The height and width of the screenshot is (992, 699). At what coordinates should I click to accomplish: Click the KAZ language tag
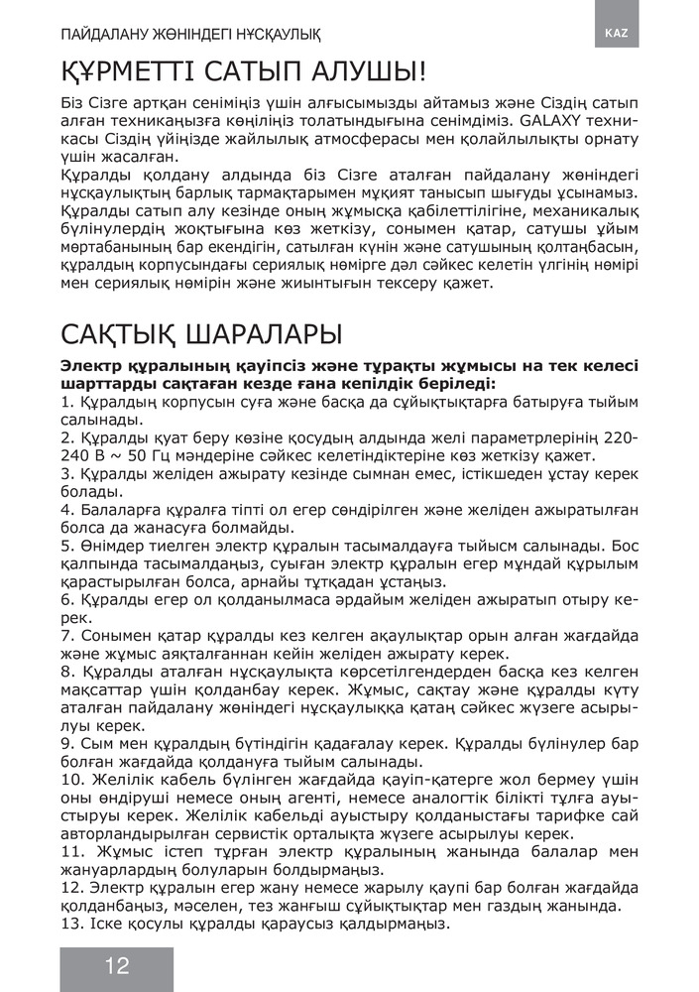616,33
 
